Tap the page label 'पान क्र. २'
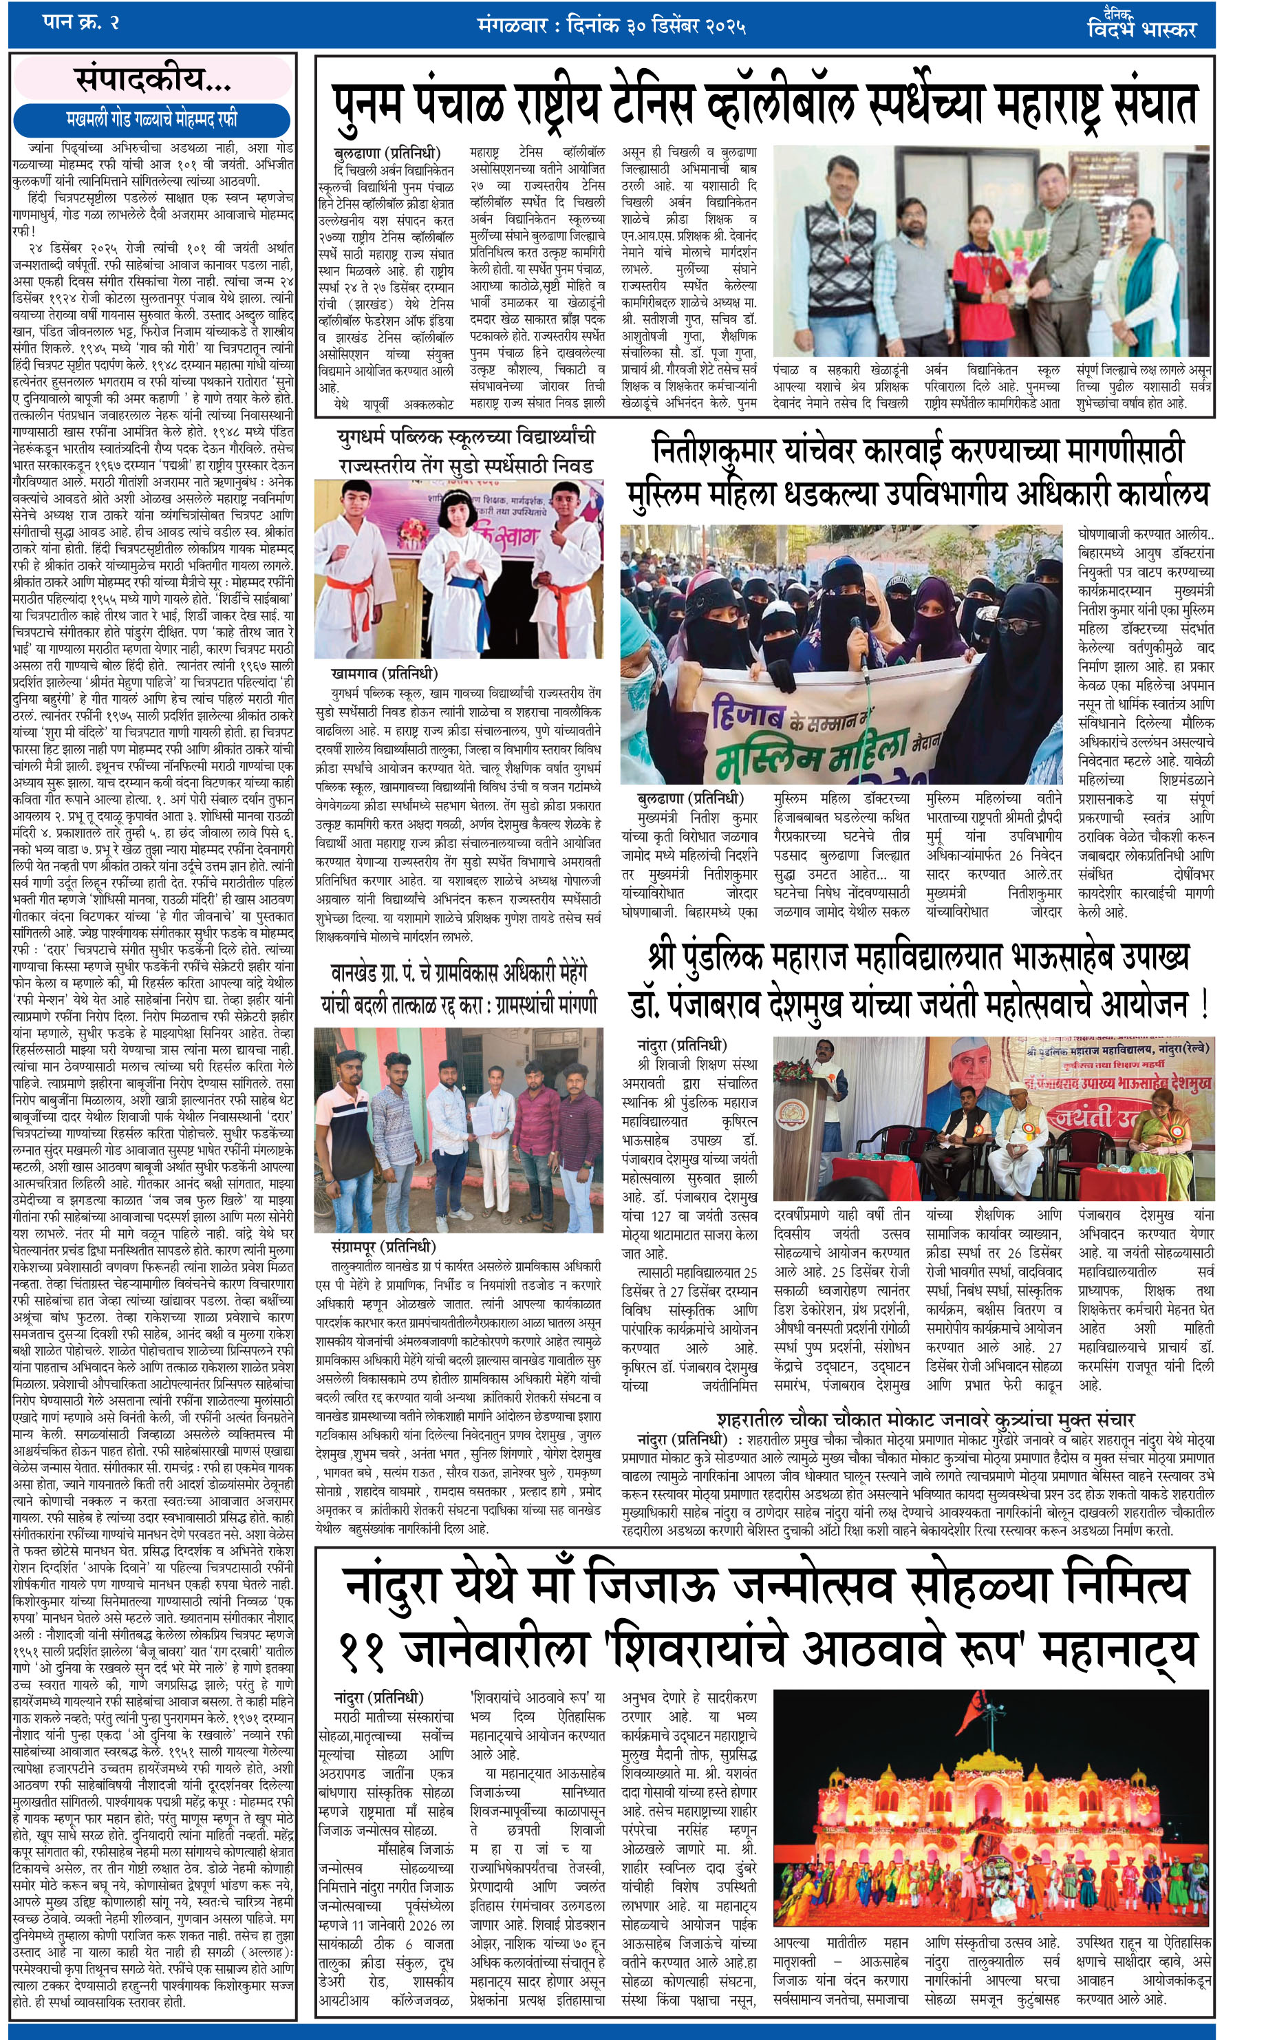pos(81,22)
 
